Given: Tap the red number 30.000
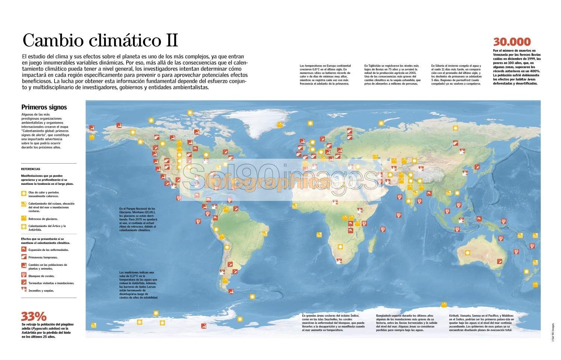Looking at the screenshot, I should click(512, 41).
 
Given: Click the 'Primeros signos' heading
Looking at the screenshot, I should click(44, 107).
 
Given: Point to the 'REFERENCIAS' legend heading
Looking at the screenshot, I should click(31, 169).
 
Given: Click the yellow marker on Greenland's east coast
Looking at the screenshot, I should click(279, 125).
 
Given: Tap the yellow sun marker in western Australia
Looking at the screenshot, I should click(467, 253).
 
